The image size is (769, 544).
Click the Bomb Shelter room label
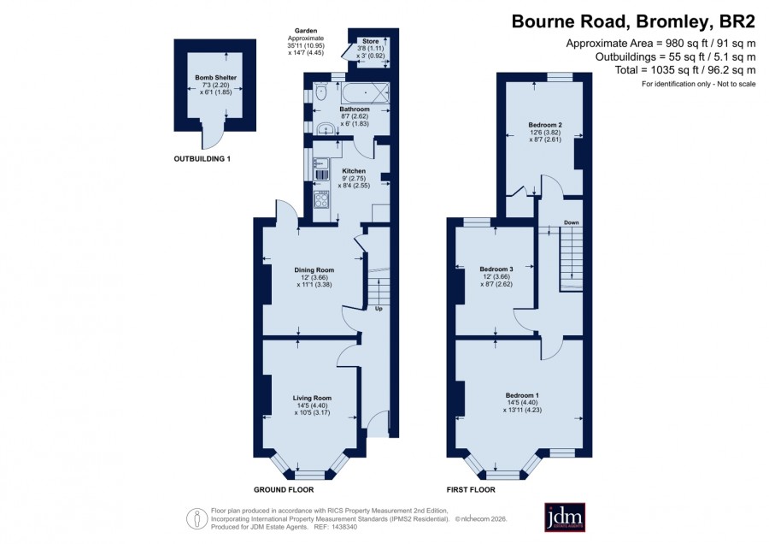point(216,78)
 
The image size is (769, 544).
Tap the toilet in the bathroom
point(320,92)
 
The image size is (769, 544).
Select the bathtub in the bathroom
point(365,92)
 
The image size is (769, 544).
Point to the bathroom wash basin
point(324,128)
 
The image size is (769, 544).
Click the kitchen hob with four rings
point(321,199)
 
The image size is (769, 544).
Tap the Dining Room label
point(314,270)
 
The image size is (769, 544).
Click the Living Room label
point(312,399)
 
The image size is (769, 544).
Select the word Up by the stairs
point(379,309)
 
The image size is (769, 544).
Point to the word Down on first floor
point(572,223)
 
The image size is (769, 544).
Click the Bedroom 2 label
point(545,125)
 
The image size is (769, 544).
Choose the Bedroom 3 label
point(496,269)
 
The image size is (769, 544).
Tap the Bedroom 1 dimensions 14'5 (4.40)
point(522,403)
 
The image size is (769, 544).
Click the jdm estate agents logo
point(565,517)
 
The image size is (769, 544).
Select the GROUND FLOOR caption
point(284,489)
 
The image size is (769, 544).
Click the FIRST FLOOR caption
point(471,489)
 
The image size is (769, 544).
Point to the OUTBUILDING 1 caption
point(202,159)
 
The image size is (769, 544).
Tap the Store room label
point(371,42)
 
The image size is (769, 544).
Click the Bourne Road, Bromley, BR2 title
point(634,22)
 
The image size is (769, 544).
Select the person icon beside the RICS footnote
point(197,519)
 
